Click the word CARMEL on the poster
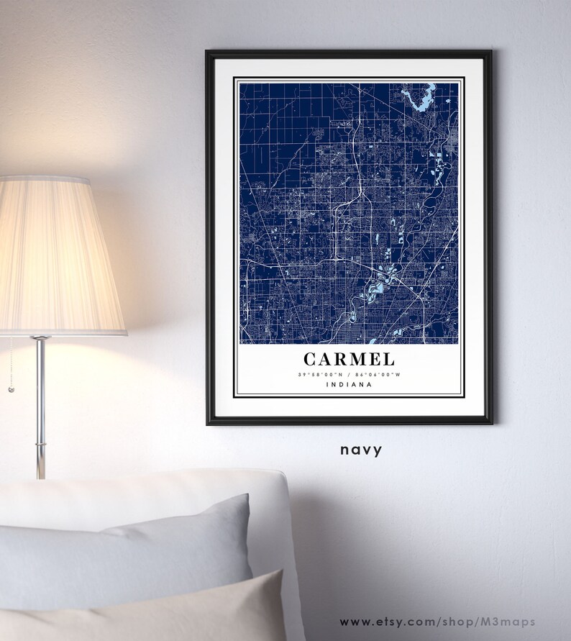(349, 358)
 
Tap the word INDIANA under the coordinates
(349, 384)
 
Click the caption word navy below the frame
(361, 450)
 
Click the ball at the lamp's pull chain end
(11, 389)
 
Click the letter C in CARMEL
(310, 358)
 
